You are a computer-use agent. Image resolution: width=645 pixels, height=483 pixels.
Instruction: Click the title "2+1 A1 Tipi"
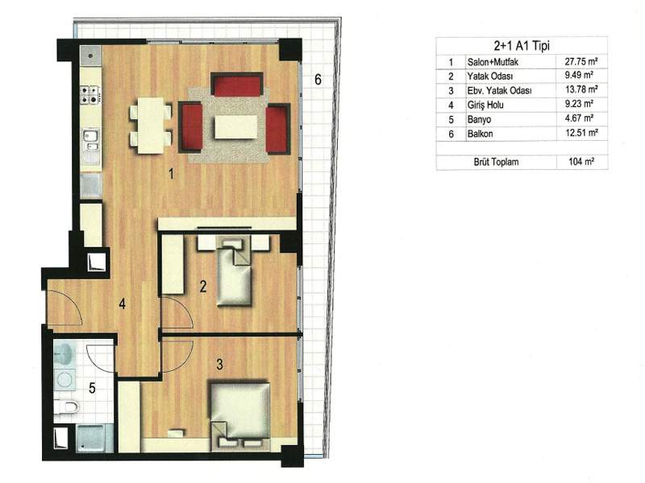point(522,46)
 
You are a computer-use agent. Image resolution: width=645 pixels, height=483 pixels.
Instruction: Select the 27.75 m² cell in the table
point(580,62)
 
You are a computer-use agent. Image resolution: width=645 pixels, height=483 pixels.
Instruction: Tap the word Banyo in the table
point(479,119)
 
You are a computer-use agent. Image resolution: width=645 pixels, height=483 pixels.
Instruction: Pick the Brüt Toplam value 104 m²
point(581,162)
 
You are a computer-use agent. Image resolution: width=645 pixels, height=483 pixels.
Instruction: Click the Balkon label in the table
point(480,134)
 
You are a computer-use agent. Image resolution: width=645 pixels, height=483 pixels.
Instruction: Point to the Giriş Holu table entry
point(485,105)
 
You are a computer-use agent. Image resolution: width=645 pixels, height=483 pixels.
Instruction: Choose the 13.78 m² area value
point(580,89)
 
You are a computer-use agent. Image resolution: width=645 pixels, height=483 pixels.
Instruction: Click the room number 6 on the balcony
point(318,79)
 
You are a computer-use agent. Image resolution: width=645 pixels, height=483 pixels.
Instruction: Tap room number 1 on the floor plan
point(171,174)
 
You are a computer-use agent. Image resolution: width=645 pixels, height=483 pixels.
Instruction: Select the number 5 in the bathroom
point(92,387)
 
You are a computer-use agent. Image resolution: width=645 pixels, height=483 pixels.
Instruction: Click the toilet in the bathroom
point(66,407)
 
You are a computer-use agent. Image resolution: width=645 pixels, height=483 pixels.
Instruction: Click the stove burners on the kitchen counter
point(90,94)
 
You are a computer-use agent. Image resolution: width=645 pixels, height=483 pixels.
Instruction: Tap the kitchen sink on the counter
point(90,140)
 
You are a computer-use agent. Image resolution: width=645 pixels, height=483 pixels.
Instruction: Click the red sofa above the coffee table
point(236,85)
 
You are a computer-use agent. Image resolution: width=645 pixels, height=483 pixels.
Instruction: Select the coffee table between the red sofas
point(235,127)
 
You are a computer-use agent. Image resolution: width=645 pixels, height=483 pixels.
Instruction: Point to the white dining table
point(151,126)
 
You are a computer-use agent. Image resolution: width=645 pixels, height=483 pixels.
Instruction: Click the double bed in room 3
point(240,414)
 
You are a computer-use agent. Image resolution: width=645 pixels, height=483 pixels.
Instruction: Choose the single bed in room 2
point(234,273)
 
